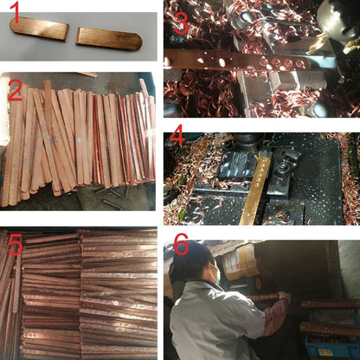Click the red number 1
pos(15,13)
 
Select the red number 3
pos(181,22)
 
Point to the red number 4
pos(177,135)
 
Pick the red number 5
pos(16,244)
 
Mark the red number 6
pos(181,244)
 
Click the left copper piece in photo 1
pos(39,29)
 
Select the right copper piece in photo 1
pos(109,39)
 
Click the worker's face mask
pos(215,273)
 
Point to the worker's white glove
pos(284,296)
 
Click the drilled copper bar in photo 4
pos(256,190)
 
